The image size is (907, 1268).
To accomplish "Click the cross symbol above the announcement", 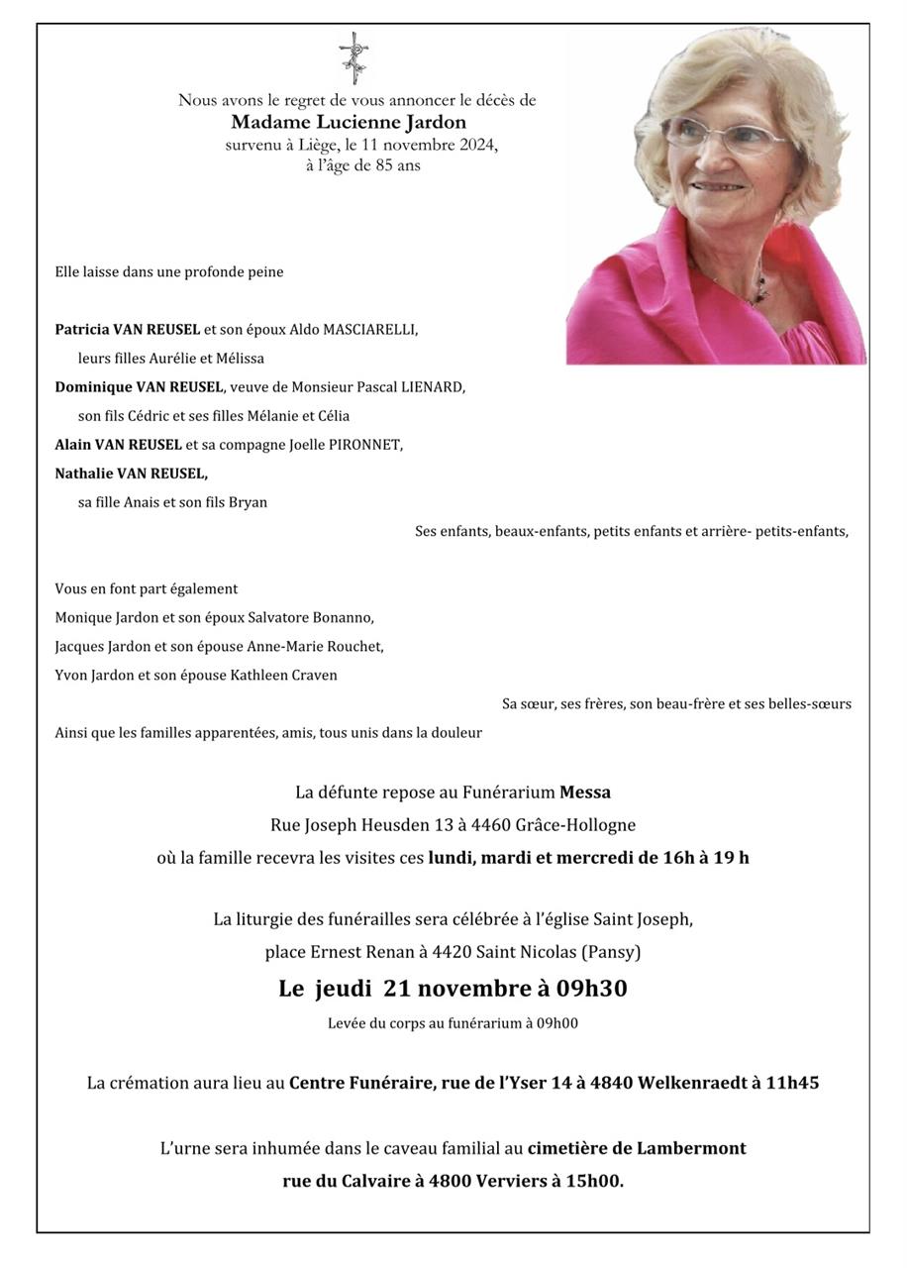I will click(353, 56).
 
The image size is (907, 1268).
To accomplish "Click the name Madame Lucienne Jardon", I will click(349, 123).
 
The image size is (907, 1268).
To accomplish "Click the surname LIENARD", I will click(432, 387).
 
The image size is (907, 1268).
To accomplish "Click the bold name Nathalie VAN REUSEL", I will click(131, 474).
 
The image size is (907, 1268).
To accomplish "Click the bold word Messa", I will click(585, 792).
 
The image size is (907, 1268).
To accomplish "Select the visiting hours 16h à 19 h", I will click(706, 858).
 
